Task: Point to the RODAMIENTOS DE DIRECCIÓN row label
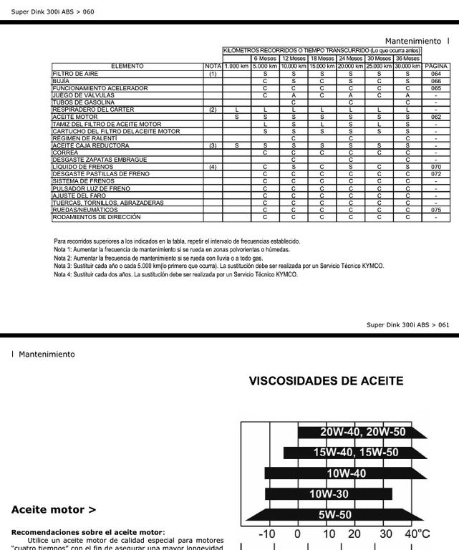click(96, 217)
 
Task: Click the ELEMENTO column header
click(127, 66)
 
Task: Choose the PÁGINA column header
click(436, 66)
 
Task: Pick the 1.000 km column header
click(236, 66)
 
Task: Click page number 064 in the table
click(436, 74)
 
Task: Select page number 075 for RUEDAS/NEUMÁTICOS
click(436, 210)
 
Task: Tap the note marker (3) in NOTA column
click(213, 145)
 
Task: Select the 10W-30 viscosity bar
click(329, 493)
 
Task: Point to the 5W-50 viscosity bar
click(334, 514)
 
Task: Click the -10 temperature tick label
click(266, 534)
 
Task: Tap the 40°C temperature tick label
click(417, 534)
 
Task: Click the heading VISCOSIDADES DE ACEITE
click(326, 381)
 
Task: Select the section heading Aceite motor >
click(54, 510)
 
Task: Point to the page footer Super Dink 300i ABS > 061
click(408, 324)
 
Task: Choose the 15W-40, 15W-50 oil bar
click(355, 453)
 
